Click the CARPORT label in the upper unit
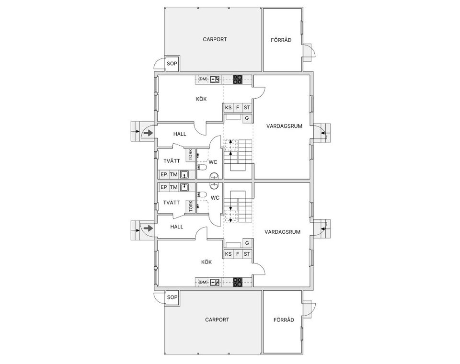point(215,39)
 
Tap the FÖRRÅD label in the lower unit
point(284,320)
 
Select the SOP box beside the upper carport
point(172,63)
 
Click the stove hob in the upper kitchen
point(238,80)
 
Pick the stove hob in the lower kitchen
point(238,282)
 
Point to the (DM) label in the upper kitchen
point(203,79)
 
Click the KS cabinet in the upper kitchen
point(228,108)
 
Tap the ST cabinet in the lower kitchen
point(247,254)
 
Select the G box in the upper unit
point(247,118)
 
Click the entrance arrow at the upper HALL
point(149,133)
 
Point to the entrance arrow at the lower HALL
point(149,228)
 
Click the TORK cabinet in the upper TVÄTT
point(190,155)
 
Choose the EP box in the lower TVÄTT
point(164,187)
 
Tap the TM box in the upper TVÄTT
point(173,174)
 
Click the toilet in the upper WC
point(202,168)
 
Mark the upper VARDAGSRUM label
point(284,126)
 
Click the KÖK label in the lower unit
point(207,262)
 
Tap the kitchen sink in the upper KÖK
point(215,79)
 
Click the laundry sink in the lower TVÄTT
point(184,187)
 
